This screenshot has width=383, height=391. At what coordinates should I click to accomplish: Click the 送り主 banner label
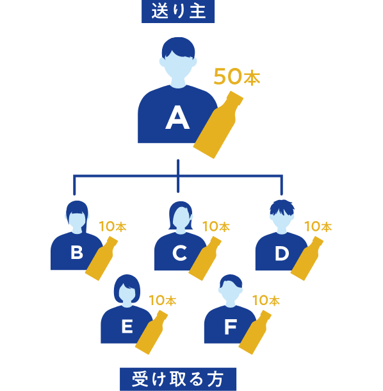(178, 12)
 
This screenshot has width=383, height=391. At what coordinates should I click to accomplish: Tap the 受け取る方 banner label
(178, 379)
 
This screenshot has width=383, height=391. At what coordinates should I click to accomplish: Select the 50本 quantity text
(237, 77)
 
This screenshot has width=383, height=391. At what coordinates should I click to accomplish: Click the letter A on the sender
(177, 117)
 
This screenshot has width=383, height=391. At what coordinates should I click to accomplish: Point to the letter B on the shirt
(77, 253)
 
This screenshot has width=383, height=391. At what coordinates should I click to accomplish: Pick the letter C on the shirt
(180, 253)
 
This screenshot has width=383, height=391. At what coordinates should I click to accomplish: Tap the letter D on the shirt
(282, 253)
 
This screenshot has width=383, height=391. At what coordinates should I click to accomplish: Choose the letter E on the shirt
(127, 326)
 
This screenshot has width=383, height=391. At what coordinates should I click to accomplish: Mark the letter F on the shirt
(231, 327)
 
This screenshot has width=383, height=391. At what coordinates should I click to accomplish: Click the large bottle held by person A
(217, 126)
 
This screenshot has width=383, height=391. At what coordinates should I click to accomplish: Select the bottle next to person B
(101, 259)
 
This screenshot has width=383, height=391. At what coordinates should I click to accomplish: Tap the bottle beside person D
(307, 259)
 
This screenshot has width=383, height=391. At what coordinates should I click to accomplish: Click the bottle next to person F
(254, 333)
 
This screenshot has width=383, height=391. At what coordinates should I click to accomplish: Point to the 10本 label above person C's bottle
(216, 226)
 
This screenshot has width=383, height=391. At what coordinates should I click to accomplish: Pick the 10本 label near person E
(163, 300)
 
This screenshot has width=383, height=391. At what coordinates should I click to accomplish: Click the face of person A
(178, 67)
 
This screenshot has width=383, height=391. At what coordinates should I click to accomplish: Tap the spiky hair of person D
(282, 208)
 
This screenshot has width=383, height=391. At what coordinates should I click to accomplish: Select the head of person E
(127, 290)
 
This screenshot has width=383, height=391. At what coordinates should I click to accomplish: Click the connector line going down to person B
(74, 185)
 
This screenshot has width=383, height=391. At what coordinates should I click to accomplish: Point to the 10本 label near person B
(113, 226)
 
